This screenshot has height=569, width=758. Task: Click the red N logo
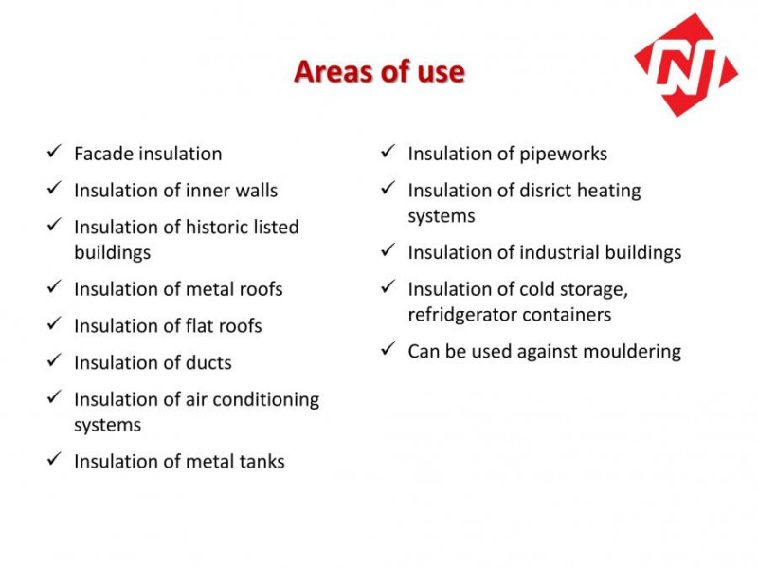[686, 64]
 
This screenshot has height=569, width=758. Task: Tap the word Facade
[103, 154]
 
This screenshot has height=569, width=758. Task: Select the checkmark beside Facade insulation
[54, 151]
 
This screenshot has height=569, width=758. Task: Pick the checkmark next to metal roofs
[54, 286]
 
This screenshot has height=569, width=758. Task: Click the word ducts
[208, 362]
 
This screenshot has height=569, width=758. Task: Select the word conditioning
[266, 400]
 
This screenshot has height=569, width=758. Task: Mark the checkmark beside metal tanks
[54, 459]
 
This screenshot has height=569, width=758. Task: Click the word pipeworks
[563, 155]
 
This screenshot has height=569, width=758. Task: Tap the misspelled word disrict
[546, 191]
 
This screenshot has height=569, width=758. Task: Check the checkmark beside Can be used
[388, 348]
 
